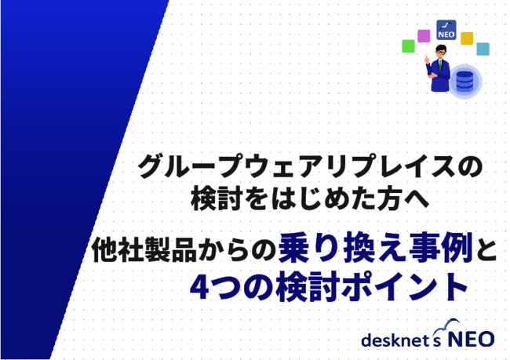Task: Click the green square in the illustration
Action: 408,45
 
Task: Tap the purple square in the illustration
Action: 424,35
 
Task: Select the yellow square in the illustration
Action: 467,38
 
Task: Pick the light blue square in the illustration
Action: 483,49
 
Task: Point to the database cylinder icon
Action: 464,79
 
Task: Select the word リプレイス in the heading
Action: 388,166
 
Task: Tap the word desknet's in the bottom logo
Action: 401,340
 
